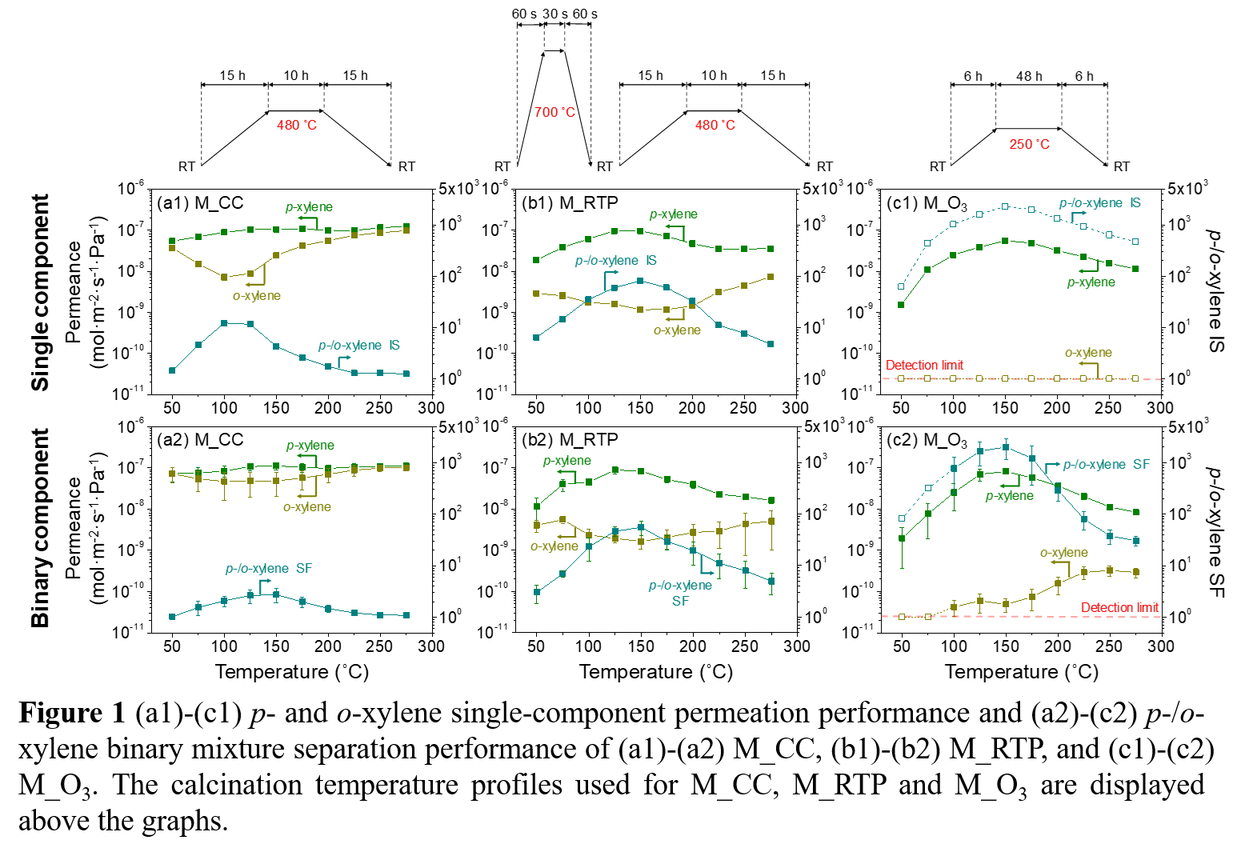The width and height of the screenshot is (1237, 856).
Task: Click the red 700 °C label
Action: [555, 112]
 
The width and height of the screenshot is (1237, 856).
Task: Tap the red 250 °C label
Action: [1030, 144]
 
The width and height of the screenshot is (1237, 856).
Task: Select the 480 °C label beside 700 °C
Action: [715, 125]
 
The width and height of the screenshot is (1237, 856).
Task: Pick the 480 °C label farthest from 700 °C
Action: [297, 125]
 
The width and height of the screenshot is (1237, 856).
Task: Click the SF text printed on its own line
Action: [680, 601]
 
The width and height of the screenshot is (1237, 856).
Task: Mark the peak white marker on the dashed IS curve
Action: [1005, 206]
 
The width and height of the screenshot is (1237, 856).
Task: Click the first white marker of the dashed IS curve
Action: [902, 286]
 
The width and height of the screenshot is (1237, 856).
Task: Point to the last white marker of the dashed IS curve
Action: [1135, 241]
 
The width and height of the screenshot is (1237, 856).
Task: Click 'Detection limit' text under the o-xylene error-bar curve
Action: [1119, 608]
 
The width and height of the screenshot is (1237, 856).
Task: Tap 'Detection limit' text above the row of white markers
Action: [925, 365]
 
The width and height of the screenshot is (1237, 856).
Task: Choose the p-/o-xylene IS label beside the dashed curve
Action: [1099, 203]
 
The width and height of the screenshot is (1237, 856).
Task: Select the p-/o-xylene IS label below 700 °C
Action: [615, 261]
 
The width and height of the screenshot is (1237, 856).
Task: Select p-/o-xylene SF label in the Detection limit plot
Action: [1106, 465]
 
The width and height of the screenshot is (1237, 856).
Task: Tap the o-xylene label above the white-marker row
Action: [1088, 353]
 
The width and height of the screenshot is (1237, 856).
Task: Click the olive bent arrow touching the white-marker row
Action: [1091, 368]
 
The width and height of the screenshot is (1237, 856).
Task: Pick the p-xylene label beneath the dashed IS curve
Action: [1091, 282]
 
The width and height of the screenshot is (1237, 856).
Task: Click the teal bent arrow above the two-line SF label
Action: [705, 565]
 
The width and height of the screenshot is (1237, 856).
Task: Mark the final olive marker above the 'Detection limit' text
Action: [1136, 572]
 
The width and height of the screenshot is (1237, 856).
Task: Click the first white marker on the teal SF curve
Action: [902, 518]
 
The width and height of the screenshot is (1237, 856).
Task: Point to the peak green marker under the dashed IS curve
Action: [1005, 241]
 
